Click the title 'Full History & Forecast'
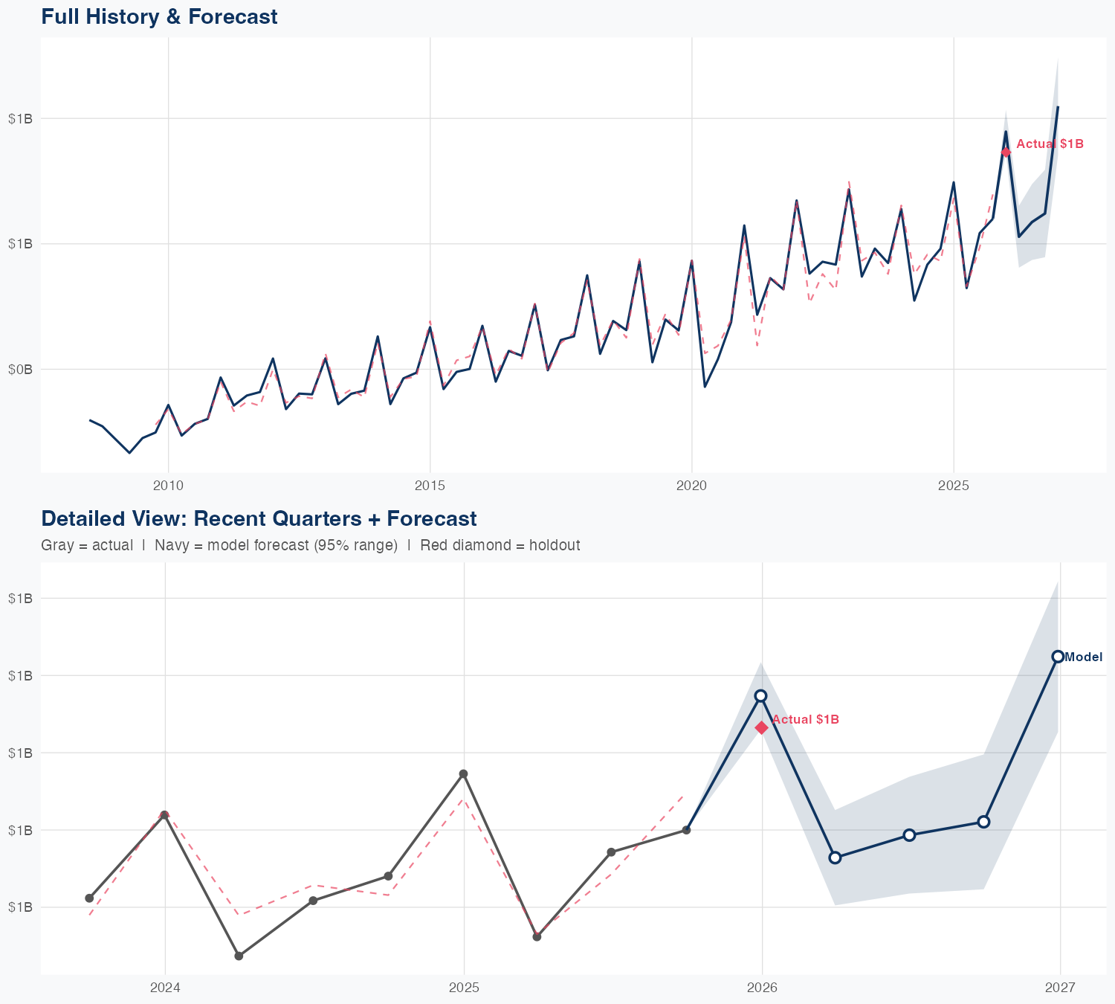(x=159, y=16)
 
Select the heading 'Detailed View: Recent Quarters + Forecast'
(x=259, y=518)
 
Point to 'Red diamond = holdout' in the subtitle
(x=500, y=545)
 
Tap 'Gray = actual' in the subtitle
(x=87, y=545)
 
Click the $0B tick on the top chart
(x=20, y=369)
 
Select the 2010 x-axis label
(x=168, y=486)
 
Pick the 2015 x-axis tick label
(x=430, y=486)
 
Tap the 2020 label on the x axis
(x=691, y=486)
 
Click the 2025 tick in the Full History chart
(x=953, y=486)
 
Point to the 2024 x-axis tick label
(x=165, y=988)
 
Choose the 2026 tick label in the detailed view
(x=762, y=988)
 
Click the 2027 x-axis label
(x=1060, y=988)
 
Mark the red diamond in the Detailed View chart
(x=762, y=727)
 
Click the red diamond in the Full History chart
(x=1006, y=152)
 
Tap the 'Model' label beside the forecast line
(x=1084, y=657)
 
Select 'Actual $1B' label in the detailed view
(x=806, y=719)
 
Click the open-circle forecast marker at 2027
(x=1058, y=657)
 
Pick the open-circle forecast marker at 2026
(x=760, y=695)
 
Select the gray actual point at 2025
(x=463, y=774)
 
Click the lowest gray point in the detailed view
(x=239, y=956)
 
